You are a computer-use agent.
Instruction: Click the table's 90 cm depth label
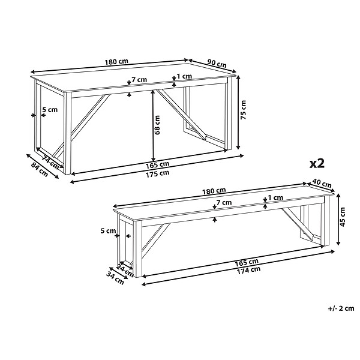click(217, 64)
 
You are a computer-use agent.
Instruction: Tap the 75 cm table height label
click(243, 110)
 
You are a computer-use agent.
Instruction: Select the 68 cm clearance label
click(157, 125)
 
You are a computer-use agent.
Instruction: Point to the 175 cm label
click(157, 173)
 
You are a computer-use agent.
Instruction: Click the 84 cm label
click(40, 170)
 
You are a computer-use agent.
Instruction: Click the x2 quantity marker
click(317, 164)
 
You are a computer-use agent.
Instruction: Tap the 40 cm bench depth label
click(322, 184)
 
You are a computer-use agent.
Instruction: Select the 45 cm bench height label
click(343, 217)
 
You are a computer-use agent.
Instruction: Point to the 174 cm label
click(248, 270)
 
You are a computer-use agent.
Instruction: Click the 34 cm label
click(115, 278)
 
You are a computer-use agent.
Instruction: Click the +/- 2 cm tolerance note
click(341, 308)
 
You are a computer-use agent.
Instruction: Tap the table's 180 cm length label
click(116, 62)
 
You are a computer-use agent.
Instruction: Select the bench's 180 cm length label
click(214, 191)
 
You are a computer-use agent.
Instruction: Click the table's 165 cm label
click(157, 165)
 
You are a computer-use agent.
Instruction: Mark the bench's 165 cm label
click(247, 262)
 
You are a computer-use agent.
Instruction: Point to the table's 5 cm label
click(50, 110)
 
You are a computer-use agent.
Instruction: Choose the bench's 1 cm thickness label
click(275, 197)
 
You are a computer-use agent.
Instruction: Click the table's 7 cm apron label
click(139, 80)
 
